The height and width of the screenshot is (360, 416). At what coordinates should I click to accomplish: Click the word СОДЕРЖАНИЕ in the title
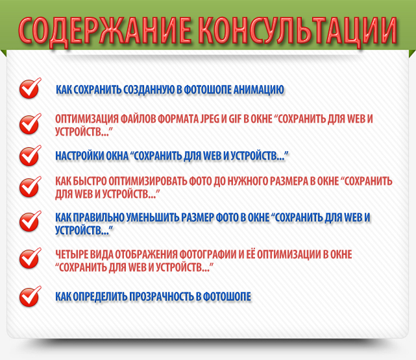pyautogui.click(x=105, y=31)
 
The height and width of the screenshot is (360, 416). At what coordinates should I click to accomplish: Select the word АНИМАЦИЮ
pyautogui.click(x=259, y=90)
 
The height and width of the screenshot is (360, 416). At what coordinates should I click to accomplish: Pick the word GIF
pyautogui.click(x=235, y=119)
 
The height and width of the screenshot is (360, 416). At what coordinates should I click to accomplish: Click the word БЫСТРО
pyautogui.click(x=90, y=181)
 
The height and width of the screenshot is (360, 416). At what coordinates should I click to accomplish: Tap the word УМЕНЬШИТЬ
pyautogui.click(x=153, y=217)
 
